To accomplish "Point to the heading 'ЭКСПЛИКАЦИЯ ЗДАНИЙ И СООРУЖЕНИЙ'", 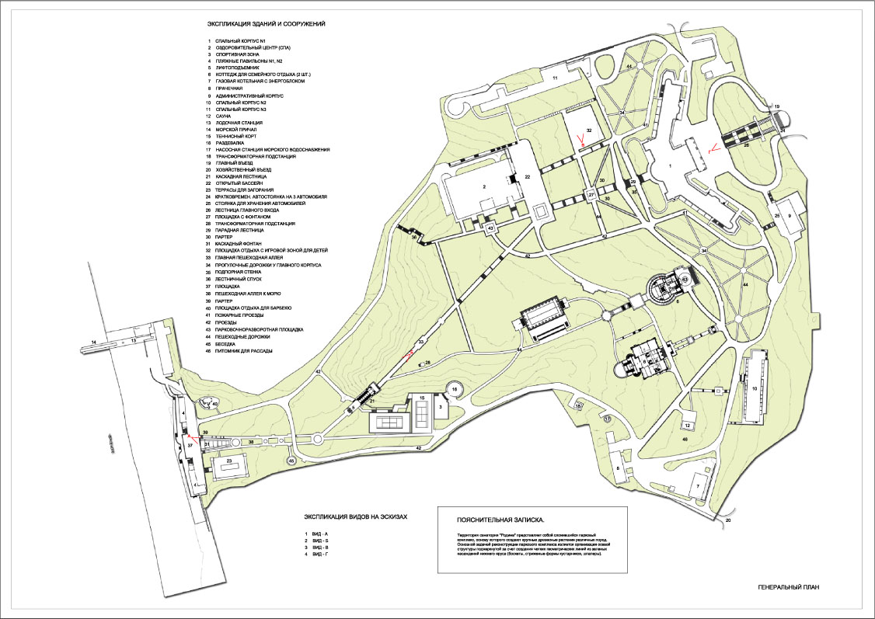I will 260,25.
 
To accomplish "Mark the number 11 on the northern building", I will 556,78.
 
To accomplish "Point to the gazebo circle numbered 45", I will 291,461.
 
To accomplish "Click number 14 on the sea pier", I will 92,342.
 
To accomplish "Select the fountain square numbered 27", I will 591,194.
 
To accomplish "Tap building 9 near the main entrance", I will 790,215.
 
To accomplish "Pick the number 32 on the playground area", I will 589,131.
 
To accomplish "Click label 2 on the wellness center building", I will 483,186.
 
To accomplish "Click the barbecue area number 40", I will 215,404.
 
